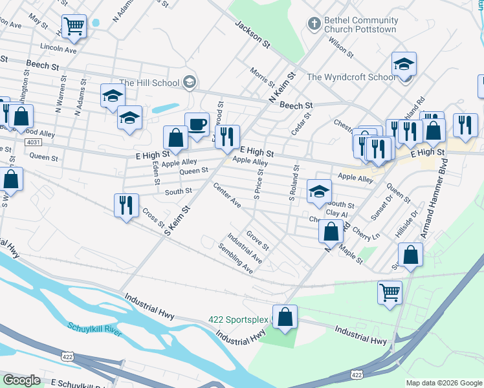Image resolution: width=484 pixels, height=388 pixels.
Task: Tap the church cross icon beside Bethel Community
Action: (314, 24)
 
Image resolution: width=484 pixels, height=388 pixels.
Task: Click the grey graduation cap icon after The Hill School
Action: (190, 82)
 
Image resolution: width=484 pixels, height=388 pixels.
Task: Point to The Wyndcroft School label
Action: (350, 77)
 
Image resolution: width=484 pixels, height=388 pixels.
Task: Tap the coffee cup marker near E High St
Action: (197, 124)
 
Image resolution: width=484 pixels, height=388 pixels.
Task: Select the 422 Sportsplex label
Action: (237, 320)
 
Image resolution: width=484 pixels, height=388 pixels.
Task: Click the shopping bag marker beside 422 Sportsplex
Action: (285, 317)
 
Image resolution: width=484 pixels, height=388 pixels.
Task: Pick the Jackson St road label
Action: (252, 34)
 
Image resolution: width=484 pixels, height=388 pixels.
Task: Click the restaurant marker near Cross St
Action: (126, 205)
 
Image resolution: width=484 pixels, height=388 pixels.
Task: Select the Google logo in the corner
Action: (22, 380)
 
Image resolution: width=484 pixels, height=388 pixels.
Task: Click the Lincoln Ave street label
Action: (58, 48)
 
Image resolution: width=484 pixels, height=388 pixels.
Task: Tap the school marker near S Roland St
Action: (319, 191)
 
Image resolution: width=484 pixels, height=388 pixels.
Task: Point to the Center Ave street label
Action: (226, 196)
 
